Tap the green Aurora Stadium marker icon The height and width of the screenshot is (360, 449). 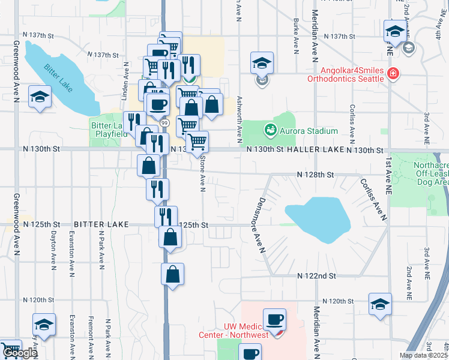click(270, 128)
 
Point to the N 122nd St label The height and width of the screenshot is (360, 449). click(316, 275)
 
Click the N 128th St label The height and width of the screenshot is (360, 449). click(315, 175)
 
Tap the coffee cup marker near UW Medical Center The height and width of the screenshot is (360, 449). click(274, 319)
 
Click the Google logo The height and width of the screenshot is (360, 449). click(20, 353)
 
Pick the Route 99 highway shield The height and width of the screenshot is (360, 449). click(163, 122)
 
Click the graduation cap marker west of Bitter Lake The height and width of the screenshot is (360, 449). click(40, 98)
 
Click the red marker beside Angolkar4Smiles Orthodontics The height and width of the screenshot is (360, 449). click(393, 74)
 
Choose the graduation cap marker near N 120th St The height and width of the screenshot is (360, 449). click(380, 304)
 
